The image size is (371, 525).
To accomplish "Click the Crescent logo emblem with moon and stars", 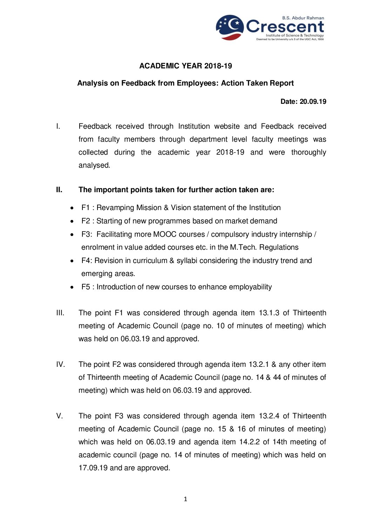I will tap(230, 27).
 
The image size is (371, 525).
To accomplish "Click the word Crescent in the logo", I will tap(285, 27).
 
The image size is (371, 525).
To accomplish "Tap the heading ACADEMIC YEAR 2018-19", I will tap(185, 66).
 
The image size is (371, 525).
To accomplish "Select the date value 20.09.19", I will tap(313, 102).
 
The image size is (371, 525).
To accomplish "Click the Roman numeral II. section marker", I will tap(59, 190).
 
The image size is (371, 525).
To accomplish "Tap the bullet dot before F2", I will tap(72, 221).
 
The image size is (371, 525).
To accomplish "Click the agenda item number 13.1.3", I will tap(269, 313).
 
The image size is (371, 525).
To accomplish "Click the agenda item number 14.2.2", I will tap(249, 442).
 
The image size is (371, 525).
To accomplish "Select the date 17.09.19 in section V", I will tap(93, 468).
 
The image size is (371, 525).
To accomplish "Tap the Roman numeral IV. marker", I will tap(60, 364).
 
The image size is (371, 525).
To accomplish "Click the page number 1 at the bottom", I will tap(185, 499).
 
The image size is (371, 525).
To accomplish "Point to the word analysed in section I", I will tap(94, 165).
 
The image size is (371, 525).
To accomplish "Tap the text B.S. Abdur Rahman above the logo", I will tap(303, 18).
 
